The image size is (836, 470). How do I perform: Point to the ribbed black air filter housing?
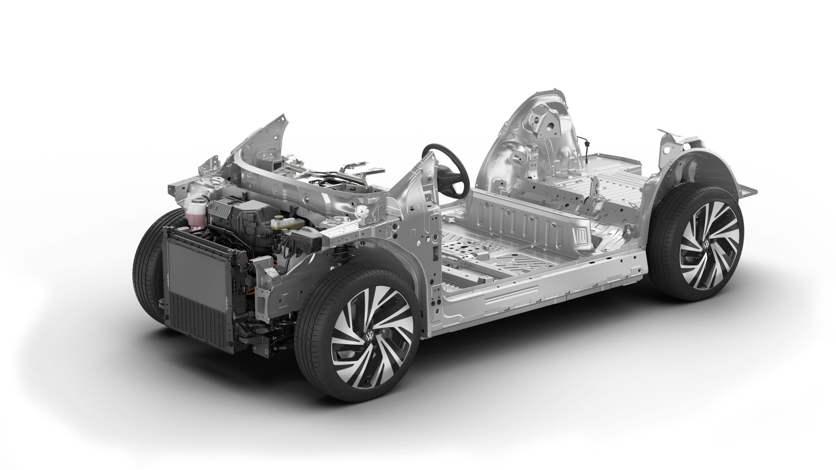225,209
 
